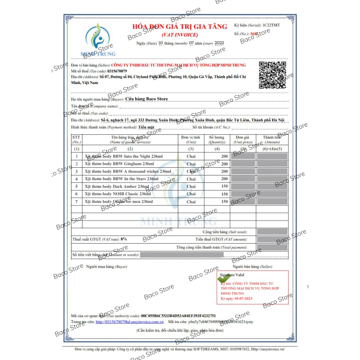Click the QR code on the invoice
tap(272, 75)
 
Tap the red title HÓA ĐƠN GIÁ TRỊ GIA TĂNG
tap(180, 27)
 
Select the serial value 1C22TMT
tap(272, 25)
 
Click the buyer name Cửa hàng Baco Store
tap(147, 99)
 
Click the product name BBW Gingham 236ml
tap(120, 164)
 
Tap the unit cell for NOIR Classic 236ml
tap(191, 194)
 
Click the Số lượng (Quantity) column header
tap(217, 140)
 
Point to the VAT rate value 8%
tap(124, 239)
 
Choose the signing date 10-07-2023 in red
tap(244, 298)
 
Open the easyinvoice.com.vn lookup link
tap(129, 322)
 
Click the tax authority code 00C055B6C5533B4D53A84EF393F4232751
tap(178, 316)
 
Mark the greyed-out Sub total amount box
tap(272, 232)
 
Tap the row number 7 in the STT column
tap(77, 202)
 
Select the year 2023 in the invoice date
tap(219, 43)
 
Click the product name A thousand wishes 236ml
tap(128, 172)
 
